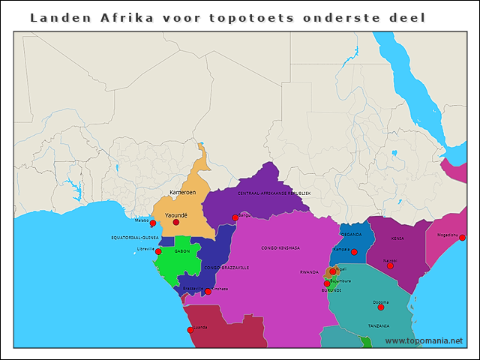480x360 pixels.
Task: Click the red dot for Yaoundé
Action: (176, 222)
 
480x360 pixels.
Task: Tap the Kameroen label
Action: (182, 193)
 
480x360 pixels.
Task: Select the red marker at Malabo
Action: (152, 223)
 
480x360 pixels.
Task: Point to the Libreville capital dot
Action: (157, 252)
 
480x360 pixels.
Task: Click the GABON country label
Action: (182, 251)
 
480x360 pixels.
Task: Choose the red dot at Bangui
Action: (235, 218)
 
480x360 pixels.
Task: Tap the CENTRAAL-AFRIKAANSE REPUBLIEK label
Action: (274, 193)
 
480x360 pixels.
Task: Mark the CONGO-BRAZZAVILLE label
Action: (226, 268)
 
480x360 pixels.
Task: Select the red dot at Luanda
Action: (190, 330)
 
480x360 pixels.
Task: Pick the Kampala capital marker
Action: (354, 252)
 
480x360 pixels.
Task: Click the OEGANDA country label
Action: (350, 235)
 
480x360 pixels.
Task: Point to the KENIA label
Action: (397, 238)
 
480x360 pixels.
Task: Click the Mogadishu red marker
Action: (462, 238)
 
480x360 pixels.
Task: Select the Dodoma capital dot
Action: (380, 307)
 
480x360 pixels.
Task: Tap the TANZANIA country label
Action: (378, 326)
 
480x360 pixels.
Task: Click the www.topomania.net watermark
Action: (424, 340)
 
